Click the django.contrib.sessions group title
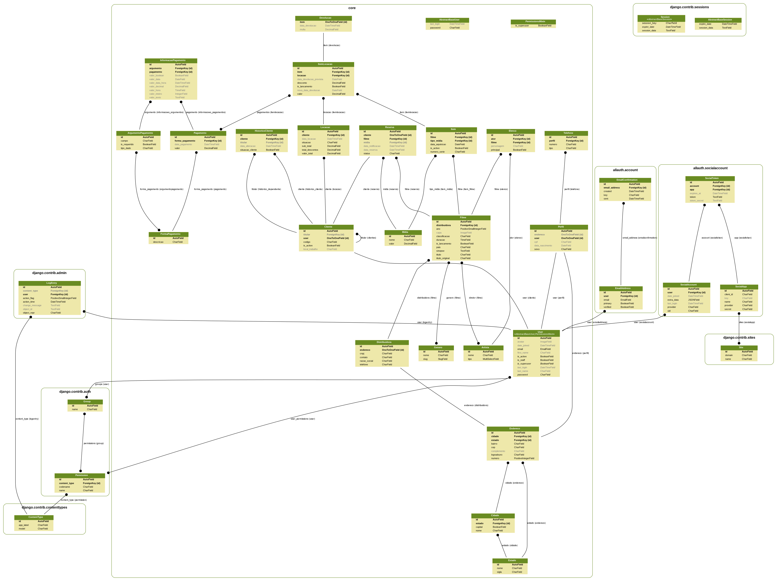[x=689, y=7]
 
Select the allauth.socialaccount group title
[x=710, y=168]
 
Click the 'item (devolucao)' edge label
[x=332, y=45]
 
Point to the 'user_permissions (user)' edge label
[x=303, y=419]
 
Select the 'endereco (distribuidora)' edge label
[x=476, y=405]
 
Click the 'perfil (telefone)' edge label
[x=572, y=189]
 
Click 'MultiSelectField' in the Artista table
[x=490, y=359]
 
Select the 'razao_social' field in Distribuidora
[x=366, y=361]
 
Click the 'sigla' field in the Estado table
[x=499, y=572]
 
